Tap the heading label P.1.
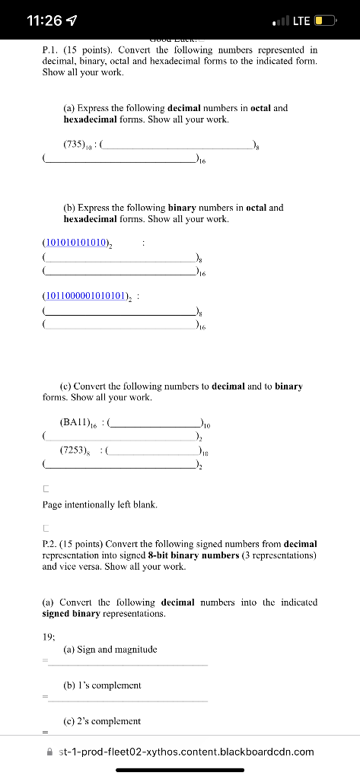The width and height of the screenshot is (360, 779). click(x=51, y=49)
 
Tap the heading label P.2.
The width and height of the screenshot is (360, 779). click(x=51, y=544)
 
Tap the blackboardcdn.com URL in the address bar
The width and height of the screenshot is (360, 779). click(x=186, y=752)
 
